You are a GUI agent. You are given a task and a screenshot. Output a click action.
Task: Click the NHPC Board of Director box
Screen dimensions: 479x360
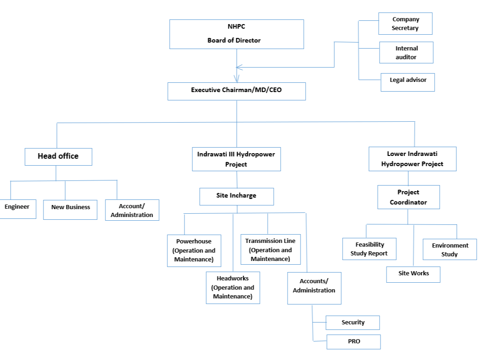pyautogui.click(x=237, y=34)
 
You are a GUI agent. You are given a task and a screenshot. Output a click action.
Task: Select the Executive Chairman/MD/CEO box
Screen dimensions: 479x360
pyautogui.click(x=237, y=91)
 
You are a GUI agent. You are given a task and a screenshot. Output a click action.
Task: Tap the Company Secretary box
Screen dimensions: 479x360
pyautogui.click(x=405, y=24)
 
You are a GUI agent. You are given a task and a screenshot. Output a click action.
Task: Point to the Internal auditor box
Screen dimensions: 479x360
pyautogui.click(x=406, y=53)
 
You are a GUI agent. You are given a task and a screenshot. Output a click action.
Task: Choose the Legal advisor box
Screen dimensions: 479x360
pyautogui.click(x=407, y=82)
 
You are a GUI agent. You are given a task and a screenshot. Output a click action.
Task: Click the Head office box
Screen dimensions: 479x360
pyautogui.click(x=58, y=157)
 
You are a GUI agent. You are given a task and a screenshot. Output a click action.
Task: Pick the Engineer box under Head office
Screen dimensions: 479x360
pyautogui.click(x=18, y=209)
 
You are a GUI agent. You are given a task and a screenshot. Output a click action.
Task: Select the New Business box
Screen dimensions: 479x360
pyautogui.click(x=70, y=210)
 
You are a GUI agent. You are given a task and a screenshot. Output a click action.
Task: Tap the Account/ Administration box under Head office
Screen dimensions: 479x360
pyautogui.click(x=132, y=210)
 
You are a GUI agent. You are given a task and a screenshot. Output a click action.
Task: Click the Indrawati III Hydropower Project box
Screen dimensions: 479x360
pyautogui.click(x=236, y=159)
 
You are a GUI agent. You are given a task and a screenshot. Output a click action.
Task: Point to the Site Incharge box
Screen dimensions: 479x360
pyautogui.click(x=237, y=197)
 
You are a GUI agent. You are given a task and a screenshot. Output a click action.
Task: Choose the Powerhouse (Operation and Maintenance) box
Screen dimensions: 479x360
pyautogui.click(x=194, y=251)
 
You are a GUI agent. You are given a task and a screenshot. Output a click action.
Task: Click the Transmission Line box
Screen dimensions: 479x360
pyautogui.click(x=270, y=249)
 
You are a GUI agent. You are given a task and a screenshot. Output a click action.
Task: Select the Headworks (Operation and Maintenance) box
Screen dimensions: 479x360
pyautogui.click(x=233, y=287)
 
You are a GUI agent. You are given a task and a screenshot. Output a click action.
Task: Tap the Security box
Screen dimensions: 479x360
pyautogui.click(x=353, y=323)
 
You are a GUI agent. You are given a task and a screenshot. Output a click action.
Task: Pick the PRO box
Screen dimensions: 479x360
pyautogui.click(x=354, y=341)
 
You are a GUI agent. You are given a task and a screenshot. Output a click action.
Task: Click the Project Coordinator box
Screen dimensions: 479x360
pyautogui.click(x=409, y=197)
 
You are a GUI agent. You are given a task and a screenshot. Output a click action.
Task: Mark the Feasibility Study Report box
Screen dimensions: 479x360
pyautogui.click(x=369, y=249)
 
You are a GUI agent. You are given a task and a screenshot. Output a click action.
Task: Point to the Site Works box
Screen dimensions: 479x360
pyautogui.click(x=413, y=274)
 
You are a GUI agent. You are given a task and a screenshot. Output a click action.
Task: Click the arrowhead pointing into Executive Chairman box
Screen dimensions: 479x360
pyautogui.click(x=236, y=79)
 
